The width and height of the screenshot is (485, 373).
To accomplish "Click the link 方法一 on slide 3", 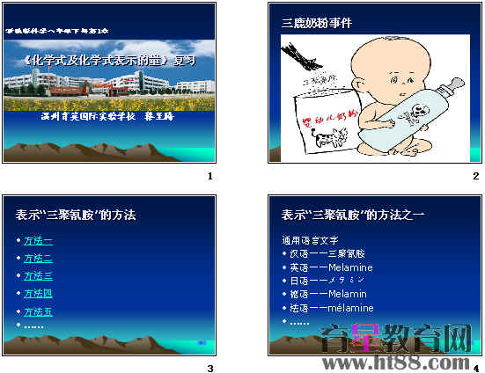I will tap(38, 240).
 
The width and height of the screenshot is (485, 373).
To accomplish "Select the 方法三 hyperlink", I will tap(38, 275).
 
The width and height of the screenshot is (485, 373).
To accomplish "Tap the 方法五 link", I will tap(38, 311).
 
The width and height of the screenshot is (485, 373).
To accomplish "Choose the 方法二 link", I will tap(38, 258).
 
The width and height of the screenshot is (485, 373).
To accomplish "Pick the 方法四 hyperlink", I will tap(38, 293).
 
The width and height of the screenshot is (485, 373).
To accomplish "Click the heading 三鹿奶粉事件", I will tap(316, 23).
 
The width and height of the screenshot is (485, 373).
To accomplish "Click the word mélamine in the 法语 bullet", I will tap(349, 308).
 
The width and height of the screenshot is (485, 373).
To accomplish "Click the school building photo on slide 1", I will tap(108, 85).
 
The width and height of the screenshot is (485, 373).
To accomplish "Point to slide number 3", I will tap(209, 368).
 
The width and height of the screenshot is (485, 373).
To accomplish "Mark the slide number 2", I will tap(475, 176).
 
